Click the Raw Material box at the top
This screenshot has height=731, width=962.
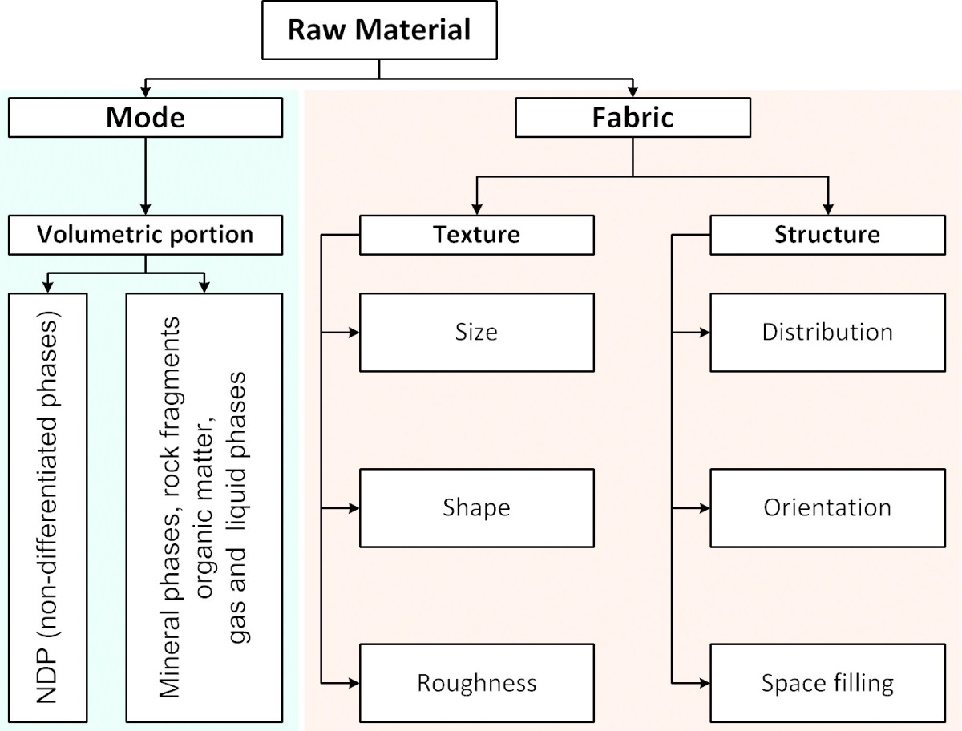tap(378, 30)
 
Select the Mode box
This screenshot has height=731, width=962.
tap(145, 117)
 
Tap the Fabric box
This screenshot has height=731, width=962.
tap(633, 117)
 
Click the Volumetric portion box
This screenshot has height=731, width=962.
tap(145, 235)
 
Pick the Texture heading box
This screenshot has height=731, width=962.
tap(476, 235)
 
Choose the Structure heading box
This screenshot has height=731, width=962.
tap(827, 235)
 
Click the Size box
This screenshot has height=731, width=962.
tap(476, 332)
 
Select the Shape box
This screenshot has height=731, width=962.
tap(476, 508)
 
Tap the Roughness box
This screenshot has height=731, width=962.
tap(476, 683)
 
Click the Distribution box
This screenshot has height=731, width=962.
tap(827, 332)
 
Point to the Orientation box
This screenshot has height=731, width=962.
tap(827, 508)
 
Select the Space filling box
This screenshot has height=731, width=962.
tap(827, 683)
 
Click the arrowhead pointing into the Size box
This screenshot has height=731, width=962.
tap(354, 332)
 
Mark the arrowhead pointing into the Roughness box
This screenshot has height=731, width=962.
tap(354, 683)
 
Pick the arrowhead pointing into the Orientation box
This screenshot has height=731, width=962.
tap(704, 508)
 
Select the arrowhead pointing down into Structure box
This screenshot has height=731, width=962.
tap(827, 208)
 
